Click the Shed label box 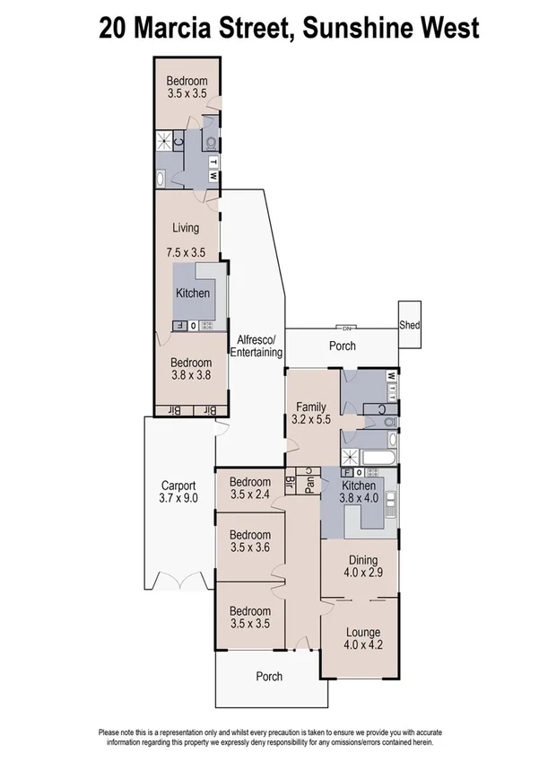coord(410,324)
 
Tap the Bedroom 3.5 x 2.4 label coord(250,486)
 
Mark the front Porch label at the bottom coord(269,676)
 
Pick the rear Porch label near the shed coord(343,346)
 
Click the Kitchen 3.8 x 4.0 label coord(359,491)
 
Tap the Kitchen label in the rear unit coord(193,293)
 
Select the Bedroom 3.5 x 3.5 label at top coord(187,86)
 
